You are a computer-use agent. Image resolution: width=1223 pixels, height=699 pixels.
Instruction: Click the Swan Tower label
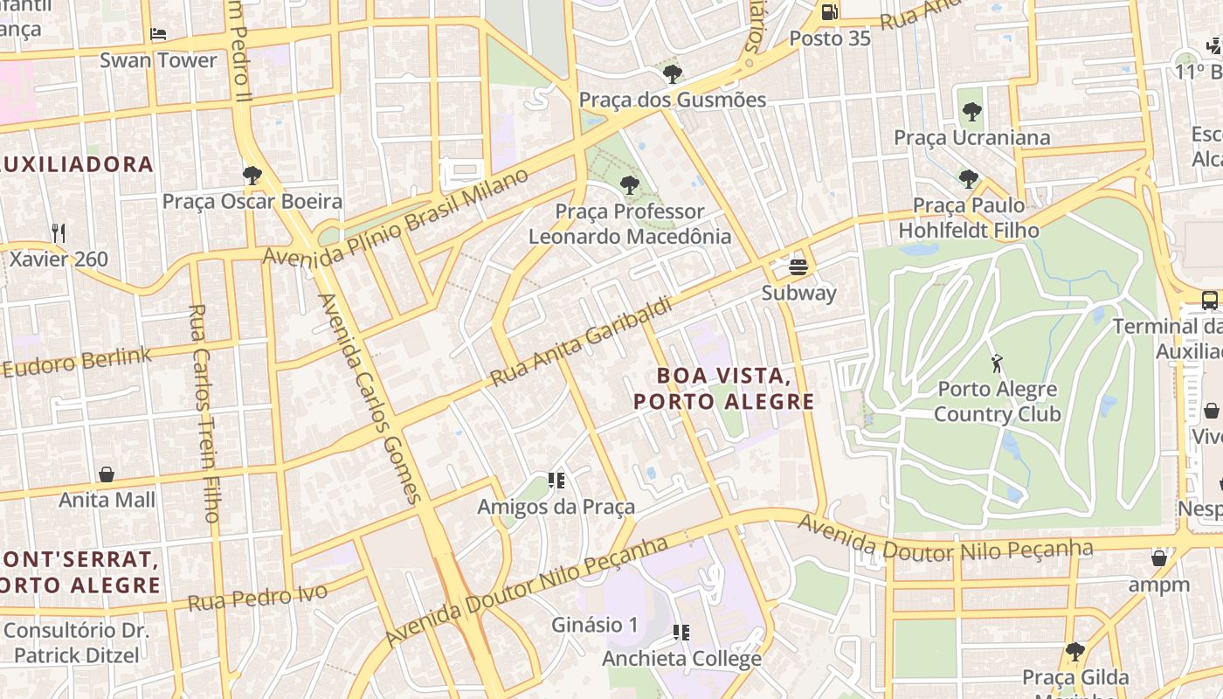point(158,60)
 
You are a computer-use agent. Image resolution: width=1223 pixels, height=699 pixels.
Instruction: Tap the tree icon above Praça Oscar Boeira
point(252,176)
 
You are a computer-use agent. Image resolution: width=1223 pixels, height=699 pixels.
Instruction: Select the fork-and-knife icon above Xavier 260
point(59,232)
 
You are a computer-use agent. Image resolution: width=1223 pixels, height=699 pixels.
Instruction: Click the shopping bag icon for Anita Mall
point(107,474)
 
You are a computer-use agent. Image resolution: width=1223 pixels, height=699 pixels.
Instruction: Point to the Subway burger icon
point(798,266)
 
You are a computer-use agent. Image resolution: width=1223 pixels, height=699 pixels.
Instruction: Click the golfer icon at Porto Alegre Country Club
point(997,363)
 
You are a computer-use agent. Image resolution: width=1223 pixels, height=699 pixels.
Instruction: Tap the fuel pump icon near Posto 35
point(829,11)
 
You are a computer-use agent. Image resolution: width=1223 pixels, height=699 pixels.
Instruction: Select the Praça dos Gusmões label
point(672,100)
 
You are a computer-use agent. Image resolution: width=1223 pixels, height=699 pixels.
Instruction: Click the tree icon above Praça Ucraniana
point(971,112)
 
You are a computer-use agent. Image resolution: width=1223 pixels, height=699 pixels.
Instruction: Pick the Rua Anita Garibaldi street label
point(582,342)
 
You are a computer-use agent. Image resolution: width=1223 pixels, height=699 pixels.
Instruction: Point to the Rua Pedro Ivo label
point(258,596)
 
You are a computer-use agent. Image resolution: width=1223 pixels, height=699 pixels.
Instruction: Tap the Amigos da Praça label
point(556,507)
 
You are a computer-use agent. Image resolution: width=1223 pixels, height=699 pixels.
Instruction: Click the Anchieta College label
point(681,658)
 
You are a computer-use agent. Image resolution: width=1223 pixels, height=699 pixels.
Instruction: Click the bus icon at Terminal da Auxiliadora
point(1210,301)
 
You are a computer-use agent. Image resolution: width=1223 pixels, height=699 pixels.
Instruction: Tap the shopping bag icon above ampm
point(1159,558)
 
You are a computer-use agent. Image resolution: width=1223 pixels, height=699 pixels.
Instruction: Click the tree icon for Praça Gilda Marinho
point(1075,652)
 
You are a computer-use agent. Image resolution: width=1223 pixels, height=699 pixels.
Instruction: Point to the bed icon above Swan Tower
point(158,35)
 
